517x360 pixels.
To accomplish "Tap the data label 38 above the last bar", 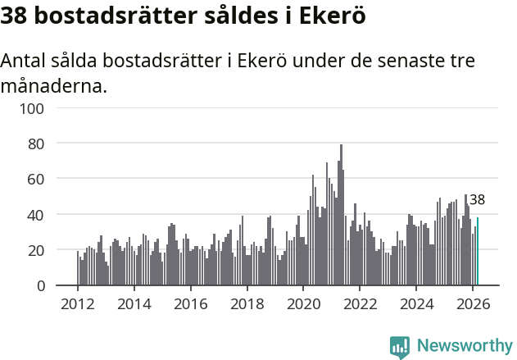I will (477, 200).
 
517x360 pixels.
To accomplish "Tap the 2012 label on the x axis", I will (78, 304).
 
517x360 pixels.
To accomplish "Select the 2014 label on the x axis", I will (134, 304).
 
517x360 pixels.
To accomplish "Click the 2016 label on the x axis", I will (190, 304).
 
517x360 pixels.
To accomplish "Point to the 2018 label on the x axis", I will (247, 304).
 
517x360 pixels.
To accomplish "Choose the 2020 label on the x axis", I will (303, 304).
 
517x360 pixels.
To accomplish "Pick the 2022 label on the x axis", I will (359, 304).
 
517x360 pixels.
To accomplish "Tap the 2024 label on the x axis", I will (415, 304).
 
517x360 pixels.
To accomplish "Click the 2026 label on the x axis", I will (472, 304).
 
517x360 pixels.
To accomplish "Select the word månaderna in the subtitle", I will (54, 85).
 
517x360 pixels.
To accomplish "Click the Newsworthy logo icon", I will (400, 347).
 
